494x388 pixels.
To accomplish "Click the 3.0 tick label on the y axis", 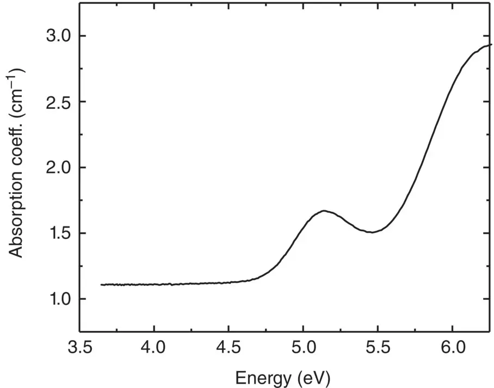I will pos(57,36).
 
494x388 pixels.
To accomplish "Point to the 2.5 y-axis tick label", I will pos(57,102).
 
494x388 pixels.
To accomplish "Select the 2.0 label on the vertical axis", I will pos(57,168).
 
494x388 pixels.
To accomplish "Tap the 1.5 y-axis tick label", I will pos(57,234).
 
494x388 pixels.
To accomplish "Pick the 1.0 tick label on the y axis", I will pos(57,299).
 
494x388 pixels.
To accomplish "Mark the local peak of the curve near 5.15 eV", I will pos(324,211).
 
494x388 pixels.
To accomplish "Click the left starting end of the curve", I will pos(102,285).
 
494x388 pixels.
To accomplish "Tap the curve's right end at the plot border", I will pos(491,45).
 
